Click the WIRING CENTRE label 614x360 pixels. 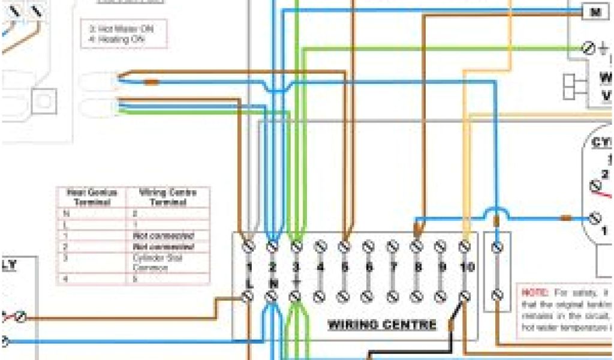pyautogui.click(x=382, y=325)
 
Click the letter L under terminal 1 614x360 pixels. pyautogui.click(x=249, y=281)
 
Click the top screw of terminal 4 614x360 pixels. pyautogui.click(x=320, y=246)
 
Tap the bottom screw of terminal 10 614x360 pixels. pyautogui.click(x=464, y=296)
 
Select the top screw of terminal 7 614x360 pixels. pyautogui.click(x=393, y=246)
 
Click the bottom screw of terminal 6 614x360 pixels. pyautogui.click(x=368, y=296)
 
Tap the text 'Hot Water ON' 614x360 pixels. pyautogui.click(x=121, y=29)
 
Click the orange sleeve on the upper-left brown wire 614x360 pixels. pyautogui.click(x=151, y=81)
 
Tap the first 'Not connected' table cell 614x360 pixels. pyautogui.click(x=163, y=236)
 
